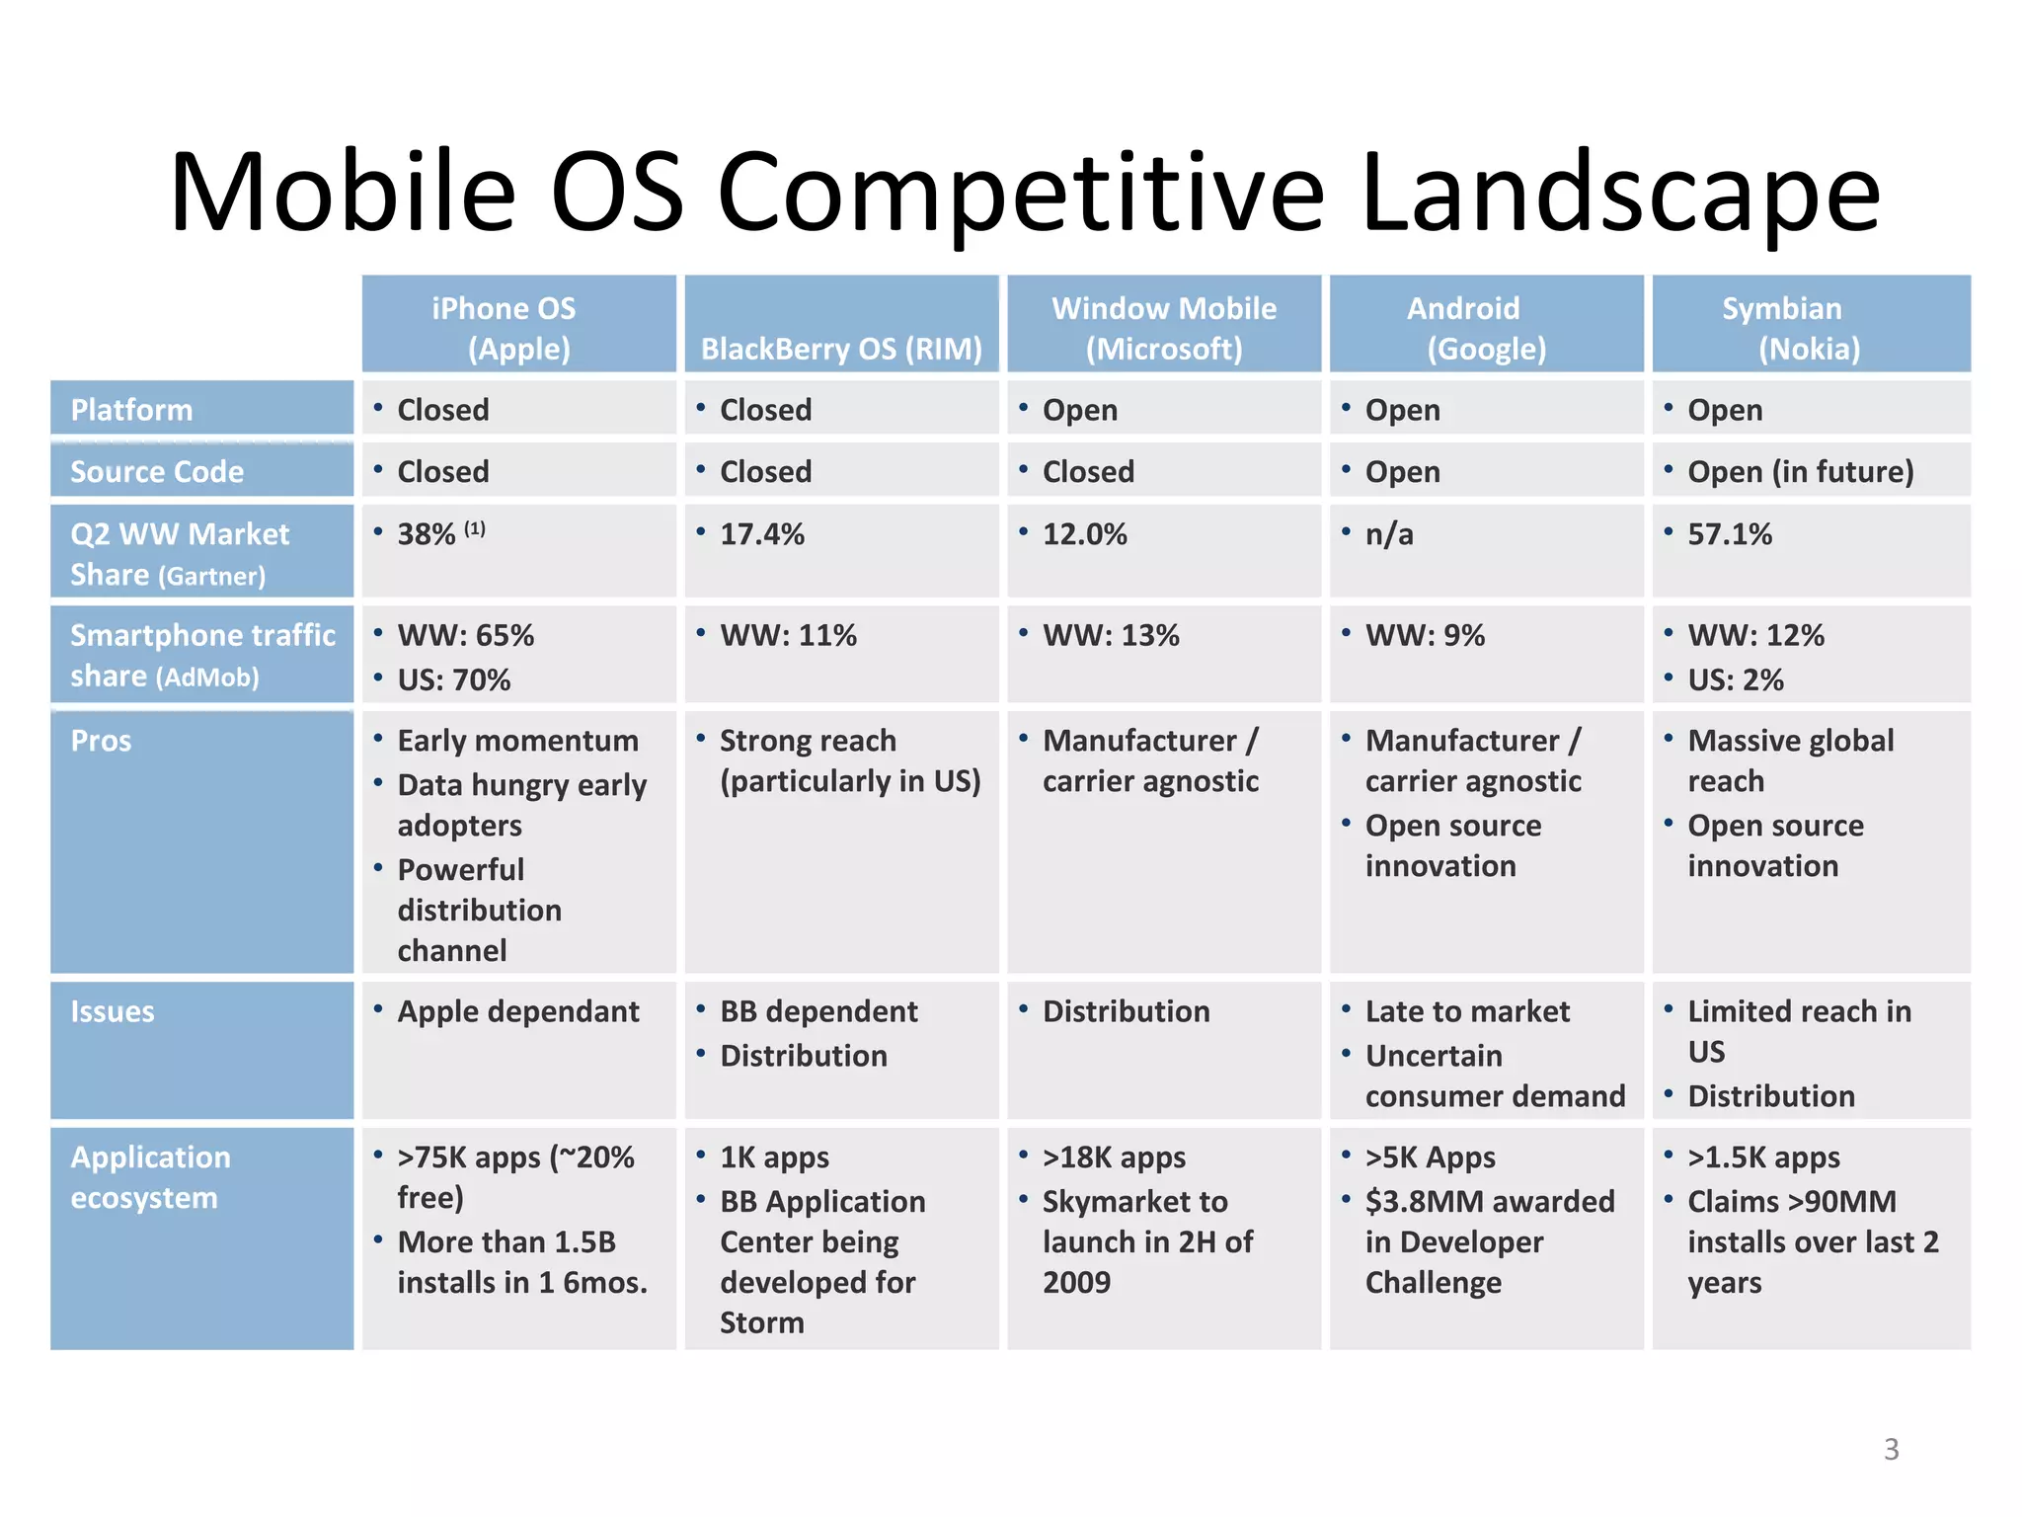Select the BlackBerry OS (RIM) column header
coord(841,348)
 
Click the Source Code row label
coord(157,471)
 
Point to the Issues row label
coord(113,1011)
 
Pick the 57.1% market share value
coord(1729,534)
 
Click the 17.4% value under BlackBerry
coord(761,534)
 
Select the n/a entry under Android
coord(1388,534)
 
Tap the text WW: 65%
coord(465,635)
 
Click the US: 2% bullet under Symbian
coord(1735,679)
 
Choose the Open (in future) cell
coord(1800,471)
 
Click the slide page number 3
coord(1891,1449)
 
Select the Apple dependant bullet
coord(517,1011)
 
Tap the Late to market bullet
coord(1466,1011)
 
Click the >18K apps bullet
coord(1114,1157)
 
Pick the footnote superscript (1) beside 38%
coord(475,528)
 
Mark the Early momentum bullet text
coord(517,741)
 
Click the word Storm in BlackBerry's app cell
coord(761,1322)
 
